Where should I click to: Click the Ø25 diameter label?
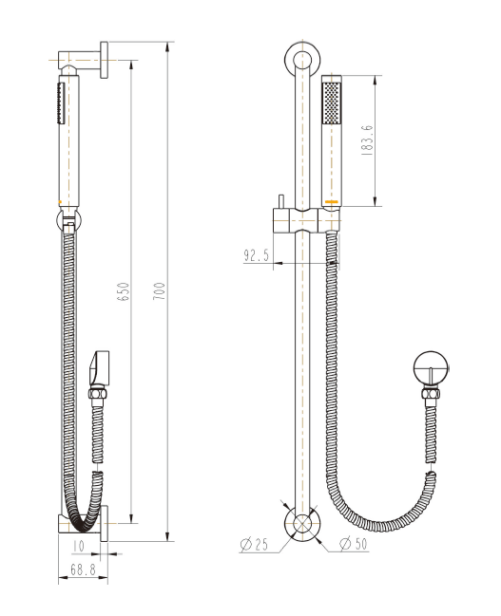[254, 545]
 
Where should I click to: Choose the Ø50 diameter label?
[355, 545]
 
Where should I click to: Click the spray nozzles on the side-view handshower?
[57, 102]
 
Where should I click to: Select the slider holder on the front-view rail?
[304, 218]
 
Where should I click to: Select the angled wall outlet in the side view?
[101, 365]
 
